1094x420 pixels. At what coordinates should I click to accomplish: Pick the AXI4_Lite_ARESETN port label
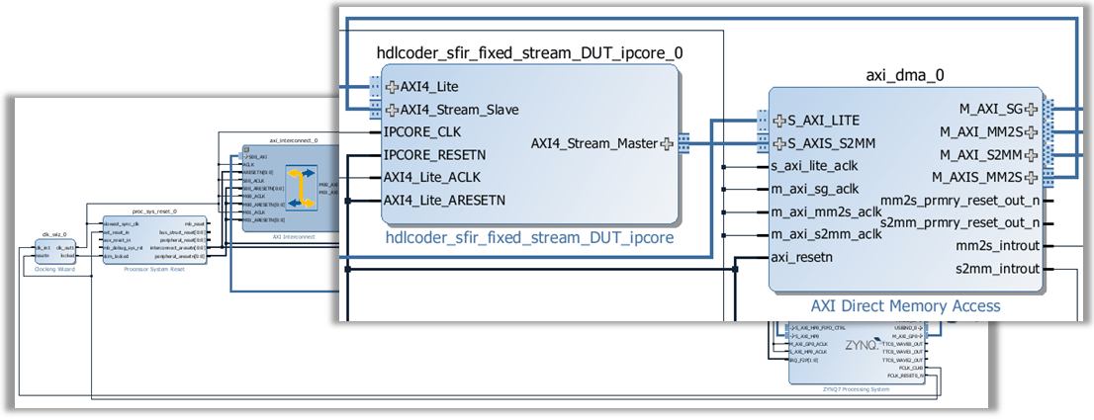(x=444, y=200)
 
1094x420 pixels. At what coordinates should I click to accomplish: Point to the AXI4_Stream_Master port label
(x=593, y=143)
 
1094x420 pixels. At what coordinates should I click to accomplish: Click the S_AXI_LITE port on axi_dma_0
(x=823, y=121)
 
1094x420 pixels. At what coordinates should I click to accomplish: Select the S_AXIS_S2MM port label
(x=831, y=144)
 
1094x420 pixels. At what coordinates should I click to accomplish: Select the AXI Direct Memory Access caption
(x=905, y=306)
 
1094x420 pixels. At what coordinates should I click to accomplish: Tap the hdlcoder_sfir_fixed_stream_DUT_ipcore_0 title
(x=530, y=52)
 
